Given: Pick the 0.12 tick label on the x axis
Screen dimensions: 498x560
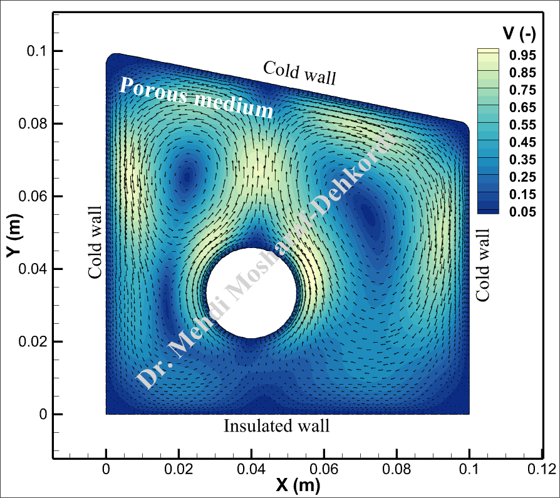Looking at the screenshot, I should click(541, 469).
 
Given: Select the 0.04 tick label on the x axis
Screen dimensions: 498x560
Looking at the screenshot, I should click(251, 469).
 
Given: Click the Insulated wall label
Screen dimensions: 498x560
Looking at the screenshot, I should click(276, 427).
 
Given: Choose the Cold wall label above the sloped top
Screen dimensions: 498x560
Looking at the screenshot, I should click(299, 73).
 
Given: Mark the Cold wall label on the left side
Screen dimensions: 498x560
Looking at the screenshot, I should click(95, 242).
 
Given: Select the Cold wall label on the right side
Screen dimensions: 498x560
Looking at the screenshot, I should click(483, 264).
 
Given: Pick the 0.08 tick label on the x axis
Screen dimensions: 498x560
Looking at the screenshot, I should click(396, 469).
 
